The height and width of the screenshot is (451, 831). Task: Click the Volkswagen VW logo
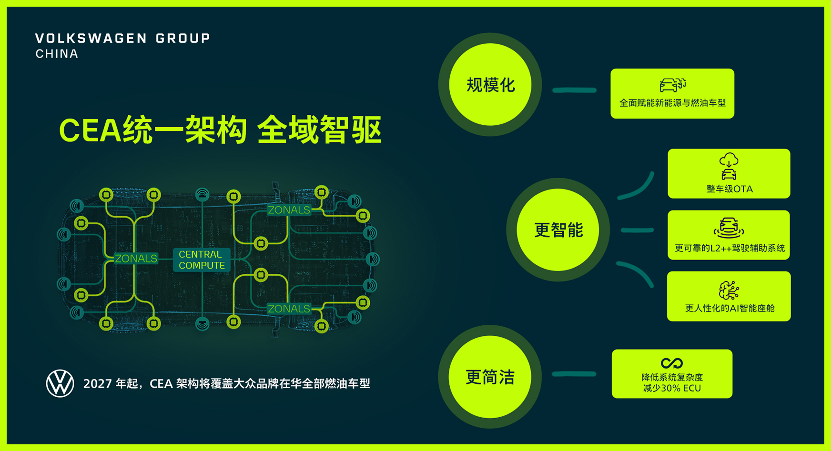pyautogui.click(x=60, y=383)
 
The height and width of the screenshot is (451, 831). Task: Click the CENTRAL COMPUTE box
pyautogui.click(x=202, y=260)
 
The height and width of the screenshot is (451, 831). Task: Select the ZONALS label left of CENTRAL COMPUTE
pyautogui.click(x=136, y=259)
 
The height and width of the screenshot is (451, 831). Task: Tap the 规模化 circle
pyautogui.click(x=490, y=85)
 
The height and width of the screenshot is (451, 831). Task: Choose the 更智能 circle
pyautogui.click(x=558, y=230)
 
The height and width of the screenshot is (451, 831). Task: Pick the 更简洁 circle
pyautogui.click(x=490, y=377)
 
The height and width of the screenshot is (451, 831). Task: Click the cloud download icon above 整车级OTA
pyautogui.click(x=729, y=160)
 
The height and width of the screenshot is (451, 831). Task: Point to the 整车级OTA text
pyautogui.click(x=729, y=189)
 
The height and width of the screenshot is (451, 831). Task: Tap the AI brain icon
pyautogui.click(x=729, y=290)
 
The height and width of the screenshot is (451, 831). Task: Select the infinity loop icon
pyautogui.click(x=672, y=363)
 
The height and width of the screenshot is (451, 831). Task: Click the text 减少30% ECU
pyautogui.click(x=672, y=388)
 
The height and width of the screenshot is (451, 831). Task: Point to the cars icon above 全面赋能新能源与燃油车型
pyautogui.click(x=672, y=85)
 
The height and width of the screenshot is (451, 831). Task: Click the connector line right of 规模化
pyautogui.click(x=574, y=90)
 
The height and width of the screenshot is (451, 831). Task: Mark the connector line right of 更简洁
pyautogui.click(x=574, y=374)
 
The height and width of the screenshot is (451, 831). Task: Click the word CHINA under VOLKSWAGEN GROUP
pyautogui.click(x=57, y=54)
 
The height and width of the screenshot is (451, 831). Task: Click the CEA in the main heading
pyautogui.click(x=90, y=130)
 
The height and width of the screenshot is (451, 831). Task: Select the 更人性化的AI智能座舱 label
pyautogui.click(x=730, y=308)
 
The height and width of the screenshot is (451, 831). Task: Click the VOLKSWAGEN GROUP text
pyautogui.click(x=122, y=38)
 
